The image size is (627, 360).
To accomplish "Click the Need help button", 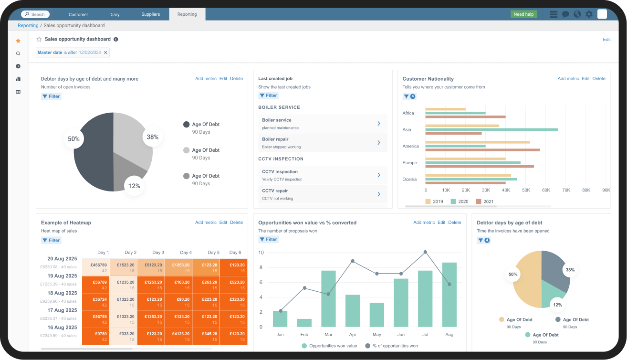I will tap(523, 14).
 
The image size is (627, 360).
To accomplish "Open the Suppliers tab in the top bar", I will tap(151, 14).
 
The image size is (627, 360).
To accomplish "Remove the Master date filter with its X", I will tap(105, 53).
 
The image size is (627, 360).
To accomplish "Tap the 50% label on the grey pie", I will tap(73, 139).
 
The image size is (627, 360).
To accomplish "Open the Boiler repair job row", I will tap(323, 143).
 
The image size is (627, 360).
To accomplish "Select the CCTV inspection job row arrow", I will tap(379, 175).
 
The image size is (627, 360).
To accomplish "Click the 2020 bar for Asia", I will tap(491, 129).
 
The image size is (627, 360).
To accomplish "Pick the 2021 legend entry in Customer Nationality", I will tap(485, 201).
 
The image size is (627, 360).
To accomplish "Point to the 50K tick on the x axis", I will tap(526, 190).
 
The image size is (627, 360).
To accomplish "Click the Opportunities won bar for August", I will tap(449, 295).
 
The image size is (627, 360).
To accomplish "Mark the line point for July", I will tap(425, 252).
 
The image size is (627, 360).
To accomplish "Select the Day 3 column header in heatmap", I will tap(158, 253).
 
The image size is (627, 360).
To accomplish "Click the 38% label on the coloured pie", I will tap(570, 270).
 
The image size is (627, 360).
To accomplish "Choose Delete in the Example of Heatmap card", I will tap(236, 222).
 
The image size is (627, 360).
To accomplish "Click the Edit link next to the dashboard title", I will tap(606, 40).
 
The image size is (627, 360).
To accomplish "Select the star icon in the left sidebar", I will tap(18, 41).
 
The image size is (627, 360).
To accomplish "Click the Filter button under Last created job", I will tap(269, 95).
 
